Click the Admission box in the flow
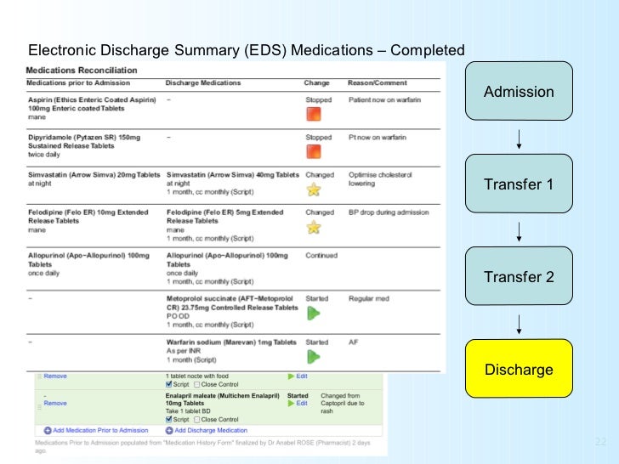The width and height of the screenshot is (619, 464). click(x=519, y=92)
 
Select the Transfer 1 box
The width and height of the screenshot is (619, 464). click(x=519, y=184)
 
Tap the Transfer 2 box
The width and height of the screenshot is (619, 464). click(x=519, y=277)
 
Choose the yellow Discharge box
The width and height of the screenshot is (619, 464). click(x=519, y=370)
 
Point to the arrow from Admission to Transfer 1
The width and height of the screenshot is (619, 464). click(x=519, y=139)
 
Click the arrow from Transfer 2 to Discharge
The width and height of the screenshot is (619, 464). click(x=519, y=324)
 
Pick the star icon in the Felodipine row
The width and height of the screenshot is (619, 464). click(x=313, y=227)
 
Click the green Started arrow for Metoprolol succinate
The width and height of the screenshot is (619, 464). click(x=313, y=313)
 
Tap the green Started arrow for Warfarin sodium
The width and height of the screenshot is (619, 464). click(x=313, y=356)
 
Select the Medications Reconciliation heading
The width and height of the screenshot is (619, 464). click(x=70, y=70)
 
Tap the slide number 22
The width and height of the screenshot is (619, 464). click(x=601, y=442)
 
